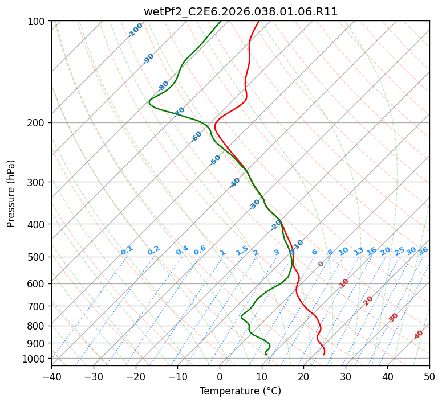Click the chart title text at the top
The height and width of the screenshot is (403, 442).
(x=240, y=11)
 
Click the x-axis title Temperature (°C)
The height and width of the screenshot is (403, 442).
(x=240, y=392)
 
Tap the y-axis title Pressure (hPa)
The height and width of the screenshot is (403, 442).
(x=11, y=194)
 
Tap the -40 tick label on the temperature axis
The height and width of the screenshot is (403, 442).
(x=51, y=377)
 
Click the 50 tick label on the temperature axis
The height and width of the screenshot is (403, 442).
(x=429, y=377)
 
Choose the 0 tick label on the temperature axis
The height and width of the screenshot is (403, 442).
(x=220, y=377)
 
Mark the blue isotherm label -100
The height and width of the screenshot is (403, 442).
(x=135, y=30)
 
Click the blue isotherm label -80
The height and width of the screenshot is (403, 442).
(x=164, y=86)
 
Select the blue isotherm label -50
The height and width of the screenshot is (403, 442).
(x=215, y=160)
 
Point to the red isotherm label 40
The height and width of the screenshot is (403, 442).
(x=419, y=335)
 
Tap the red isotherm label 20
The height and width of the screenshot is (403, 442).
(x=368, y=300)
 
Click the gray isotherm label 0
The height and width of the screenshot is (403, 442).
(x=321, y=264)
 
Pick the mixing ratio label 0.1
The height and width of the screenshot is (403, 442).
(x=127, y=250)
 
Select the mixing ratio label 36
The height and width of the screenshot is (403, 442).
(x=423, y=251)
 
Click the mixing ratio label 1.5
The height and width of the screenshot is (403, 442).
(x=242, y=250)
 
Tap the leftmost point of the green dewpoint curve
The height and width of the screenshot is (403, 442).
(x=149, y=102)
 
